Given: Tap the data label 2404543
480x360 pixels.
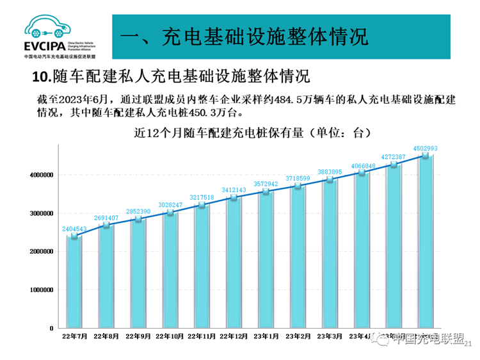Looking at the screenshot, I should (x=74, y=229).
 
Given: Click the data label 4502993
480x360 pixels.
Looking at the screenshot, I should (x=424, y=148).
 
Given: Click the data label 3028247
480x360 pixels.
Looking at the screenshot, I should (x=170, y=205).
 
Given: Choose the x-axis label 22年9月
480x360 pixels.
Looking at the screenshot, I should (x=138, y=336).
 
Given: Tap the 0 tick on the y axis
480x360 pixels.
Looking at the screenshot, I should (x=51, y=329).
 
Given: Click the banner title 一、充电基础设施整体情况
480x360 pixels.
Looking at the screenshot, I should (x=244, y=35).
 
